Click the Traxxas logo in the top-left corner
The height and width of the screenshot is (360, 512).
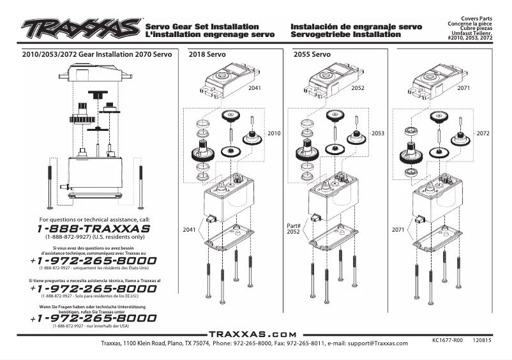click(x=82, y=28)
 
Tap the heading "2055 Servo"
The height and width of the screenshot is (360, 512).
click(x=312, y=56)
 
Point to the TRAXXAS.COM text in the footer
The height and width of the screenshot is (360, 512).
click(x=253, y=334)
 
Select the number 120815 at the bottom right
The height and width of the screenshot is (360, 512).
click(x=483, y=341)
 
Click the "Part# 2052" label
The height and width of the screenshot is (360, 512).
click(x=293, y=229)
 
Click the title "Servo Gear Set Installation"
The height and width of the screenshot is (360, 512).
click(x=202, y=27)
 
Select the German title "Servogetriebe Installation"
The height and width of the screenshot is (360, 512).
click(x=345, y=34)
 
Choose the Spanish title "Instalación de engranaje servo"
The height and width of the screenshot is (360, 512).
click(x=356, y=27)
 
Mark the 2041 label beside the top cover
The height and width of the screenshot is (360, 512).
click(x=255, y=87)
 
